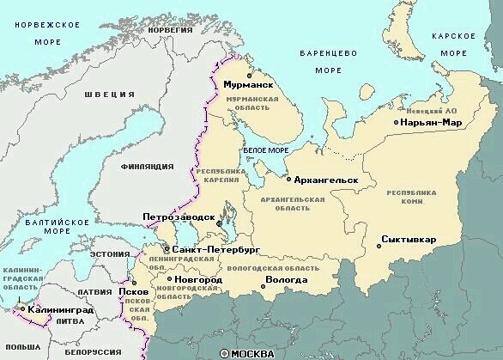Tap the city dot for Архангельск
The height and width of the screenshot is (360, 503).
tap(288, 180)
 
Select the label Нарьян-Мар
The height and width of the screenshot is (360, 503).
tap(432, 123)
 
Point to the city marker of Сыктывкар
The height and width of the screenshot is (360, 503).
tap(379, 247)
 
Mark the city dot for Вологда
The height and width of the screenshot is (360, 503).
tap(260, 280)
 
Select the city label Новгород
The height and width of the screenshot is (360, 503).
tap(198, 280)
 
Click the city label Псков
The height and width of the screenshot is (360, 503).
tap(140, 291)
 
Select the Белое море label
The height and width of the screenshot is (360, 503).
tap(266, 150)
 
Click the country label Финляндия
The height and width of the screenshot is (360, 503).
tap(147, 165)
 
